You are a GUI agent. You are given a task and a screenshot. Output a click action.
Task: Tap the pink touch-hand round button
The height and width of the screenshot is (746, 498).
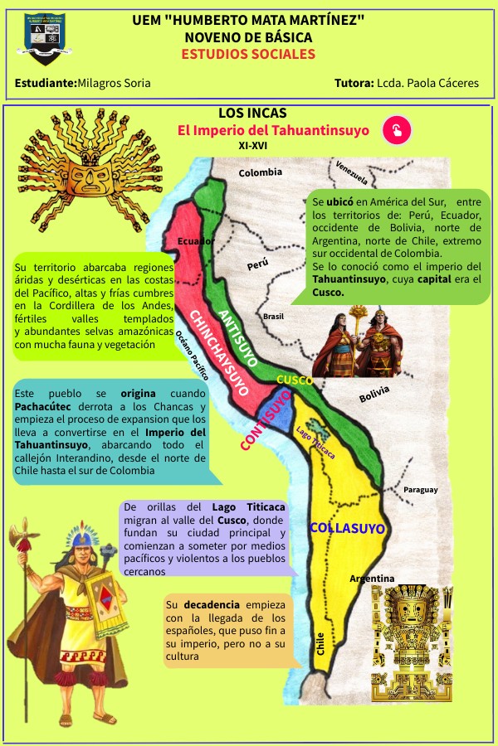tap(397, 130)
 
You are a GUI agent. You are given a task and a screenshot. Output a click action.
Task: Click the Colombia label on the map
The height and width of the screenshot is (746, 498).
tap(261, 172)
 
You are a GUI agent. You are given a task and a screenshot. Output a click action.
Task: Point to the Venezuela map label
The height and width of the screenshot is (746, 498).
tap(351, 172)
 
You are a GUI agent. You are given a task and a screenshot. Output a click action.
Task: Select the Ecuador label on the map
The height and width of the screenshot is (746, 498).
tap(197, 241)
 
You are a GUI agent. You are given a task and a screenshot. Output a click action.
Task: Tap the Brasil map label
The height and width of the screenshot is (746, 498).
tap(273, 317)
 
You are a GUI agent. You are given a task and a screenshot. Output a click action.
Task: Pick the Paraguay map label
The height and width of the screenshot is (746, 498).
tap(421, 490)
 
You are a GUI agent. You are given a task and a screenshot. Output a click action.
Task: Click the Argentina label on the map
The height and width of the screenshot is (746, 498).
tap(372, 578)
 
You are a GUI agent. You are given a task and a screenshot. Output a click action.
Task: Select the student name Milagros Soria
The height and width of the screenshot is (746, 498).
tap(114, 84)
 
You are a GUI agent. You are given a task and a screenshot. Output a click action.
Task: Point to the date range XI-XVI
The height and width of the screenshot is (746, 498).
tap(253, 145)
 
